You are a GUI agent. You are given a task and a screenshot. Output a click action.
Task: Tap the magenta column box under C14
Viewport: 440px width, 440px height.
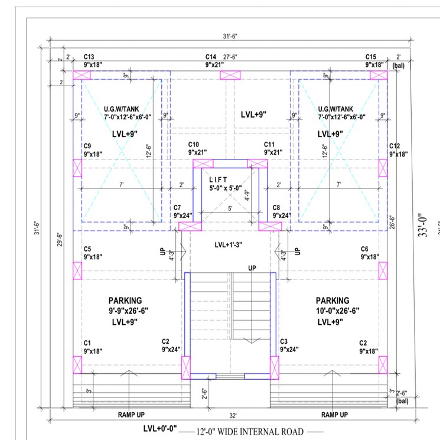[x=231, y=75]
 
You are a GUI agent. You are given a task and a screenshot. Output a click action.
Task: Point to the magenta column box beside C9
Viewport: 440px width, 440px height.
[x=77, y=168]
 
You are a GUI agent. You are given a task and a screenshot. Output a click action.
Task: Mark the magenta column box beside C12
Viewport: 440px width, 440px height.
[x=383, y=168]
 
